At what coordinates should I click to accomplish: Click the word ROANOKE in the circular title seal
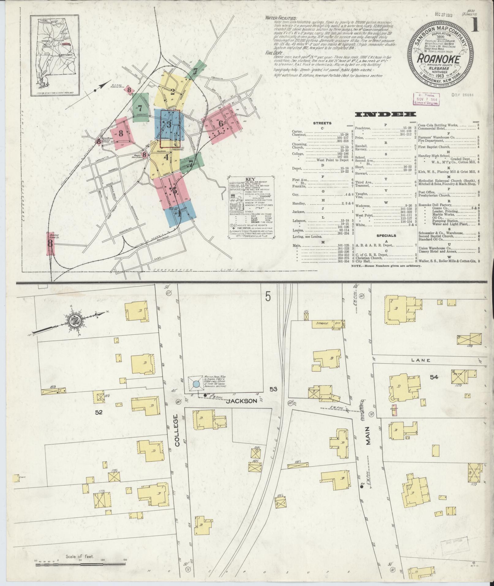coord(439,59)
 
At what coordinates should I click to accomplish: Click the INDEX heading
coord(385,115)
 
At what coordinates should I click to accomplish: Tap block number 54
coord(434,377)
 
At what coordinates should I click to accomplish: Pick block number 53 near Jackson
coord(273,389)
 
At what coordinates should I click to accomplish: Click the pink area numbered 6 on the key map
coord(221,123)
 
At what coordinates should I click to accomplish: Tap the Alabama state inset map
coord(54,57)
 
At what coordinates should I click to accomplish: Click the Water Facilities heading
coord(281,18)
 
